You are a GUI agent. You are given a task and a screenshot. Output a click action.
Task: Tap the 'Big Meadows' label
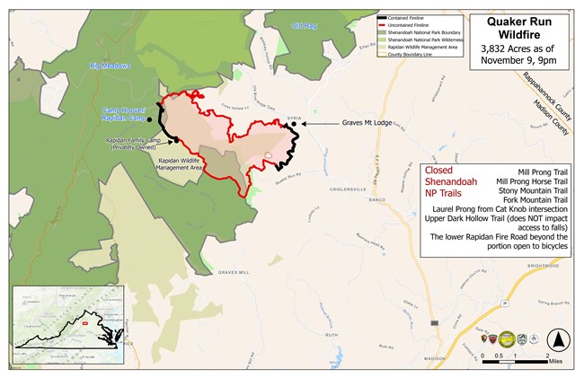[x=111, y=66]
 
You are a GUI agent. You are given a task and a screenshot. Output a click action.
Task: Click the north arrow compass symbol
[x=558, y=340]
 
